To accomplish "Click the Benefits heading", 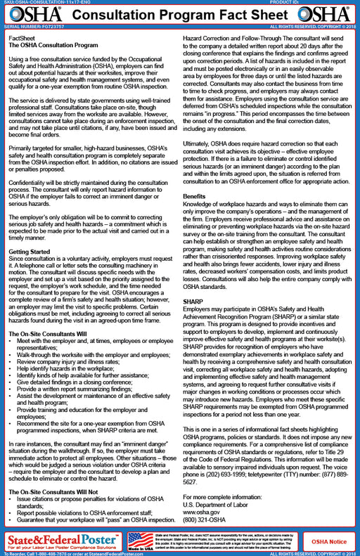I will pos(195,197).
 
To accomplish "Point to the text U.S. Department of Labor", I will pos(219,504).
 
